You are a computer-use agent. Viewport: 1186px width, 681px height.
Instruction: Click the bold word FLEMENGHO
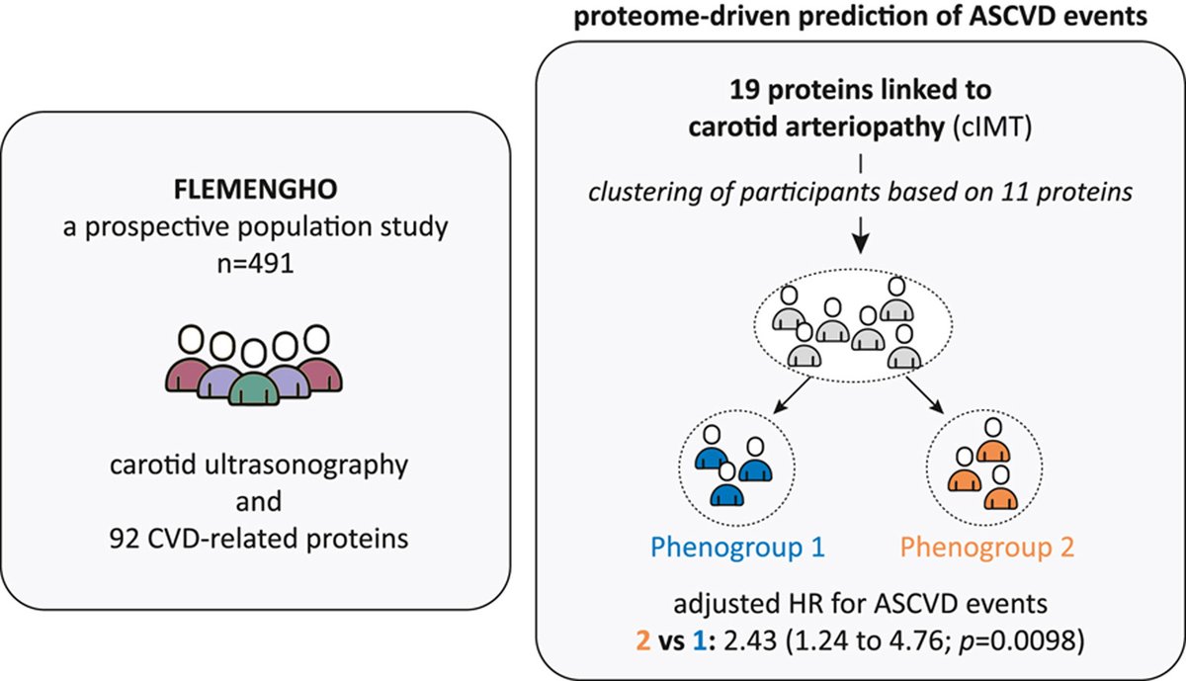pos(256,190)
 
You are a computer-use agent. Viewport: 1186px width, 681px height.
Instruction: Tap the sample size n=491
pos(255,263)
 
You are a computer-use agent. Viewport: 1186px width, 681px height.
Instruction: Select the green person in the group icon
pos(254,374)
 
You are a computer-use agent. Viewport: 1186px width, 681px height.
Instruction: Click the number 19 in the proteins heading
pos(745,90)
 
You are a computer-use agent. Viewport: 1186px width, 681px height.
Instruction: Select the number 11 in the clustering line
pos(1016,192)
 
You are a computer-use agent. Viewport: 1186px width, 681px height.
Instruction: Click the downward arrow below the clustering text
pos(861,235)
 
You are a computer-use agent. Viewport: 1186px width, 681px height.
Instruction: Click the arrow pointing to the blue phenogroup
pos(792,395)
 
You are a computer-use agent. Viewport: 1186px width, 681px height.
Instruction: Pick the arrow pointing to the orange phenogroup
pos(924,395)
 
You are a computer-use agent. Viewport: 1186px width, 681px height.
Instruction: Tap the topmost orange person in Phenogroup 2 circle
pos(993,441)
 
